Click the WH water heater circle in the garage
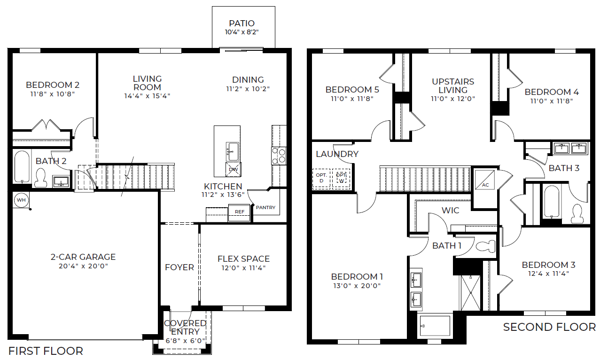(x=21, y=200)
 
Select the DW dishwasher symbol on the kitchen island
(x=234, y=170)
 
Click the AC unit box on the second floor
(x=485, y=180)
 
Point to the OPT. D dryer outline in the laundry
(x=321, y=179)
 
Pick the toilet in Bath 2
(x=41, y=178)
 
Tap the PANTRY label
(x=265, y=208)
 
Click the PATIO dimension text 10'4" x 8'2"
(x=242, y=32)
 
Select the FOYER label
(x=179, y=267)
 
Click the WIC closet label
(x=450, y=211)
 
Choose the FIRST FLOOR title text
(x=46, y=351)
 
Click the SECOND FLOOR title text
(x=549, y=327)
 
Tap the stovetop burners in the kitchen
(x=279, y=156)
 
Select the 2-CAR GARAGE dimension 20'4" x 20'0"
(x=83, y=266)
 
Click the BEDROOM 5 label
(x=352, y=89)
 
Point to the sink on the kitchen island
(x=233, y=152)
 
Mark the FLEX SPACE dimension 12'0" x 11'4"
(x=243, y=268)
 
